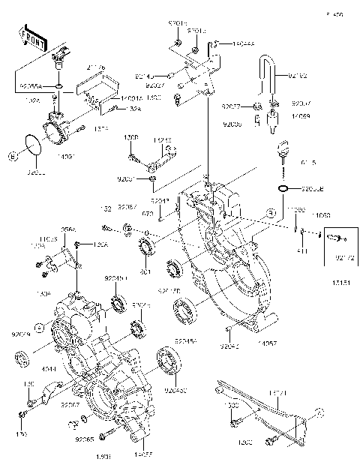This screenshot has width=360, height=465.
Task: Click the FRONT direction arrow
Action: pos(31,37)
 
